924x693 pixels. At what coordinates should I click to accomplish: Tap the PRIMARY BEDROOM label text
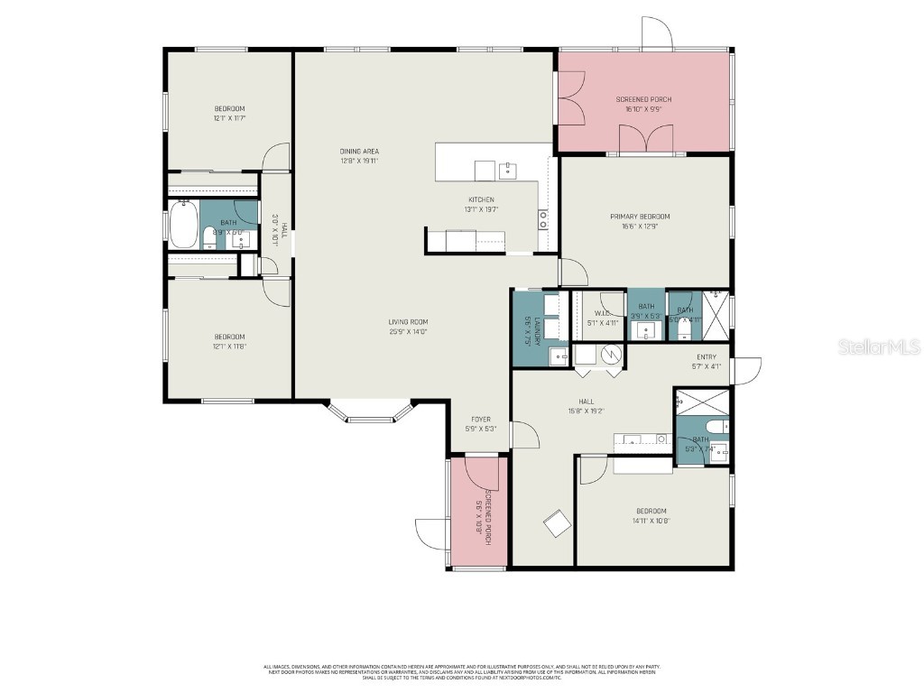[640, 217]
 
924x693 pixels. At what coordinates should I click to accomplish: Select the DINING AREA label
[359, 152]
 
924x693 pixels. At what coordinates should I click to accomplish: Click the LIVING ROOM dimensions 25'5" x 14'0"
[408, 331]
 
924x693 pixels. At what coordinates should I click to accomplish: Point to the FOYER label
[481, 419]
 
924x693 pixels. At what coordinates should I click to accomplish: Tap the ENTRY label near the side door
[706, 357]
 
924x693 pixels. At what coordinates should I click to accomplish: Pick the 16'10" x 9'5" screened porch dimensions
[643, 109]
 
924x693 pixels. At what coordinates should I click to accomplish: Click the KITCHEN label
[481, 200]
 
